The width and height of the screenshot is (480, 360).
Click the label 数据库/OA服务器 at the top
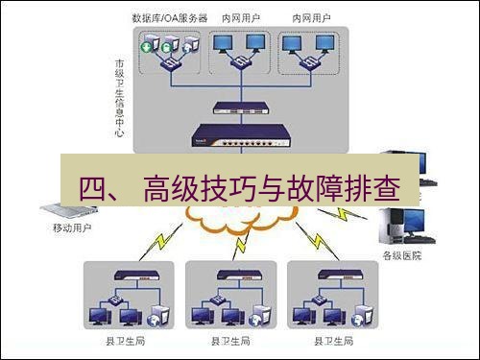(x=170, y=18)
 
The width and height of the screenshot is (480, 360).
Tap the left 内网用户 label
(x=240, y=18)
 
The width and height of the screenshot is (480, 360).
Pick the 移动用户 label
(x=72, y=229)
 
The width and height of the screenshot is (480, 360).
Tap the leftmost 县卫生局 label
(x=126, y=342)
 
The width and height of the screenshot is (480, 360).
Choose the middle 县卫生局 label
(x=228, y=342)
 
